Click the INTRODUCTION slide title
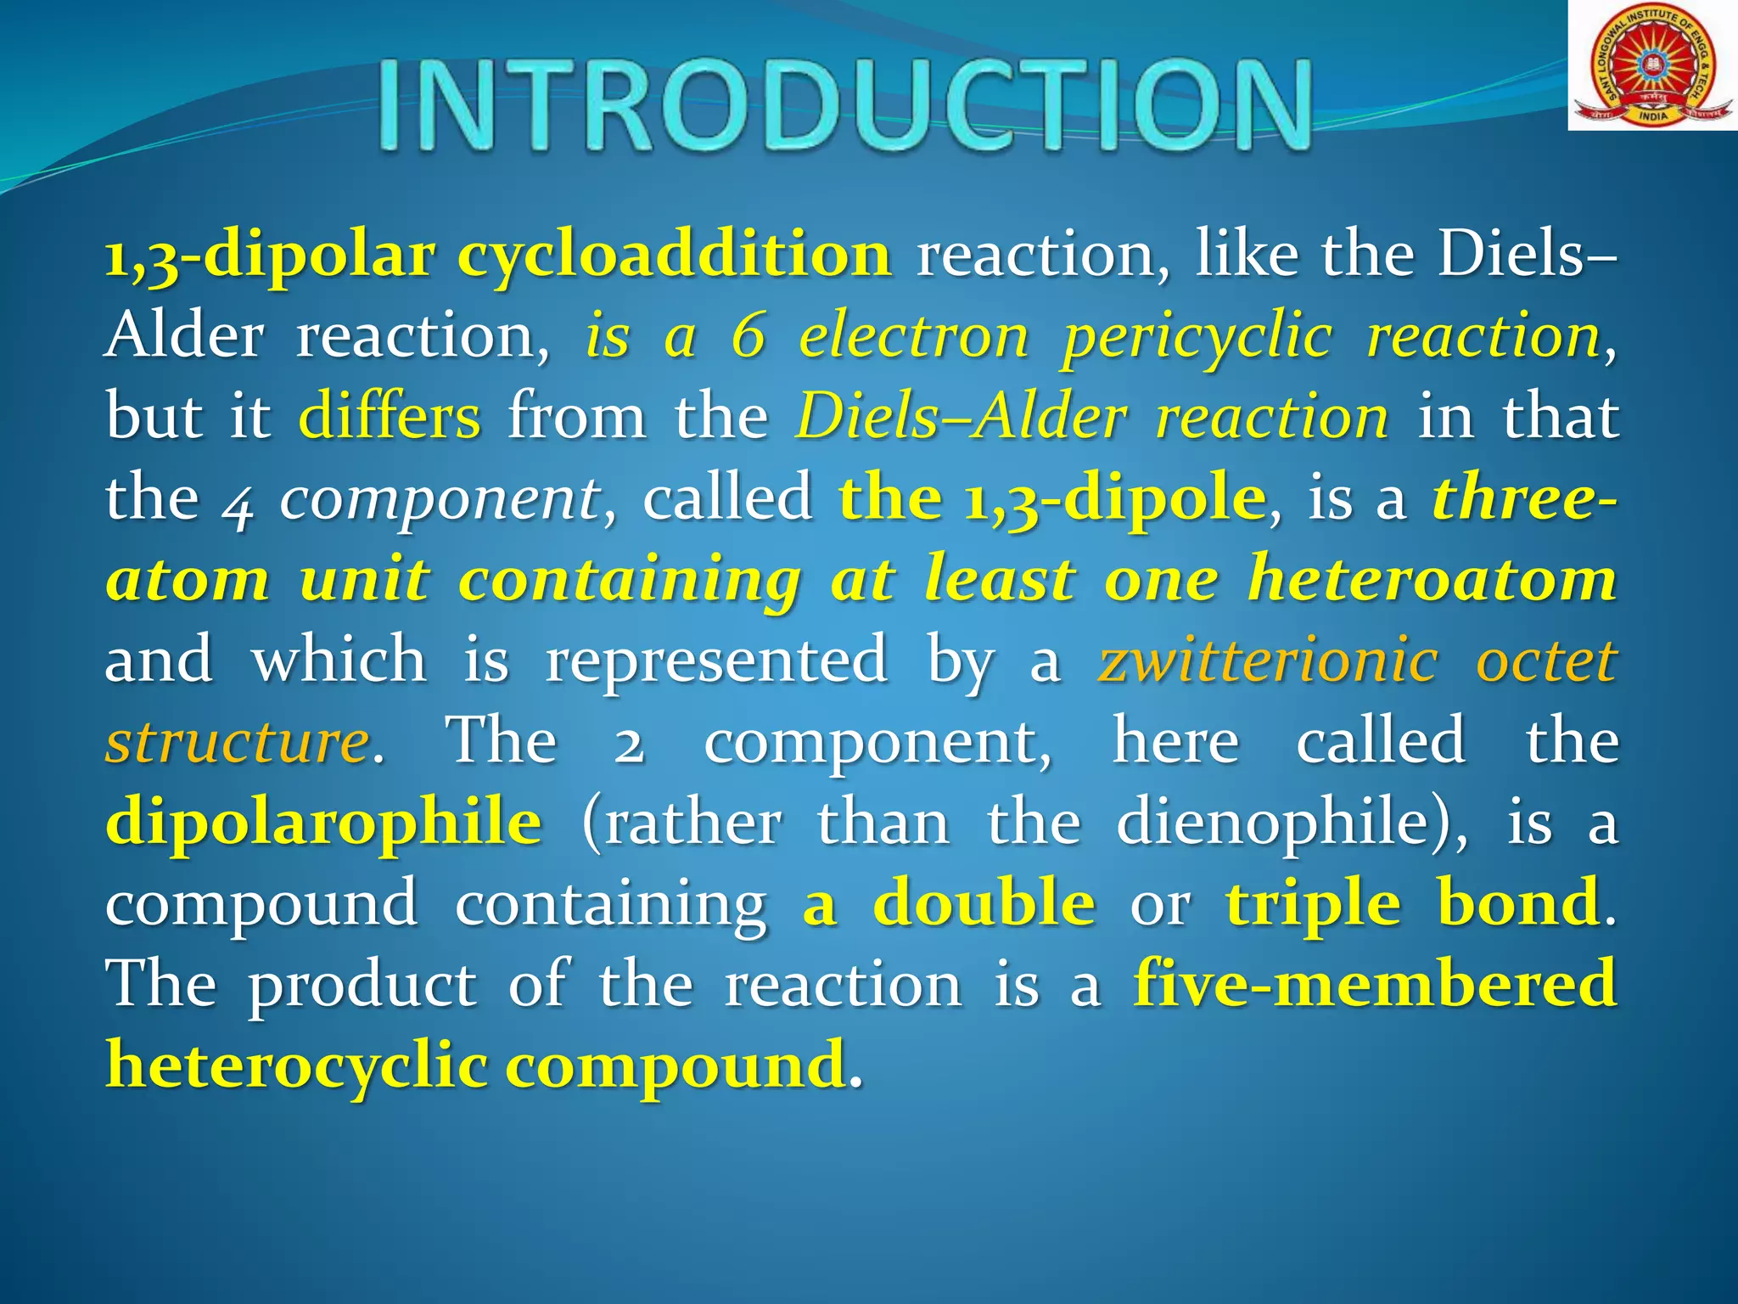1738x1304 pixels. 844,106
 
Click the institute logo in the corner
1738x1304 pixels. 1651,66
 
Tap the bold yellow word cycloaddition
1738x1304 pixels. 675,255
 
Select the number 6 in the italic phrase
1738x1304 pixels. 748,336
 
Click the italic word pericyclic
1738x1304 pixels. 1197,338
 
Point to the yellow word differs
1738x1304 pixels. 390,417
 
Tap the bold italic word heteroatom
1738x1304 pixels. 1432,580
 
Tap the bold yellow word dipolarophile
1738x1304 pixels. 323,822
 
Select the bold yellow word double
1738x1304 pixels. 984,902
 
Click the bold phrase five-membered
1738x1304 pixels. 1375,983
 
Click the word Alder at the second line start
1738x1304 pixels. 184,336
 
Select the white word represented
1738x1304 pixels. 716,660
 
